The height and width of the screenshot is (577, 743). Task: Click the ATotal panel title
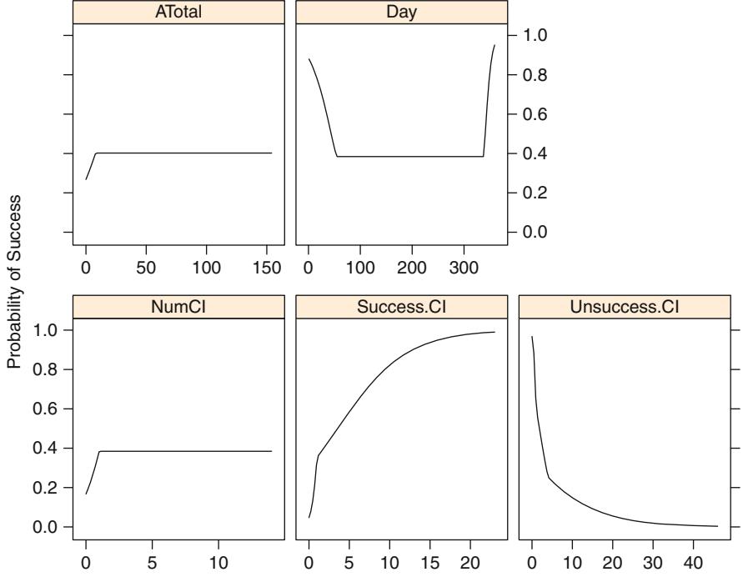179,13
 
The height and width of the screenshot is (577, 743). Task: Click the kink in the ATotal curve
96,153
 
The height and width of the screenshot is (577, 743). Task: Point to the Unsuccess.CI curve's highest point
532,336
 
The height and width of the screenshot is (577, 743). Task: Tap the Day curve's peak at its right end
494,45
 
